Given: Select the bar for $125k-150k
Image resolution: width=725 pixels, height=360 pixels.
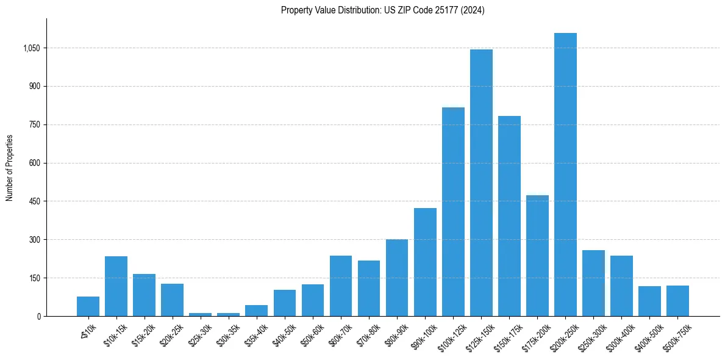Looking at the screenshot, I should pos(481,183).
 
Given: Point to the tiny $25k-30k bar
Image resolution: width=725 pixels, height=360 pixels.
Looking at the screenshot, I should pos(200,314).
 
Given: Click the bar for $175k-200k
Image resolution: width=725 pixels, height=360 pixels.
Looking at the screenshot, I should pos(537,256).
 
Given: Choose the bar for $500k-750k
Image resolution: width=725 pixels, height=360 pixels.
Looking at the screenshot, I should pos(677,301).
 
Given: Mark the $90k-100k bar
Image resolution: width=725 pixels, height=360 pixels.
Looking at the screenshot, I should pos(425,262).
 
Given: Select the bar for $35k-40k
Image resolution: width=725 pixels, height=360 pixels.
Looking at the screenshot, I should pos(256,311).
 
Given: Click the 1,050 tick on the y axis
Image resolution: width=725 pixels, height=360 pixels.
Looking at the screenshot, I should pos(31,48).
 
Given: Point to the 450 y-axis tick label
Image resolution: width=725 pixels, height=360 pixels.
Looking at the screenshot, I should pos(34,201).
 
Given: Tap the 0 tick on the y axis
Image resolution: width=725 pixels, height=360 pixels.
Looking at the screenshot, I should pos(38,316).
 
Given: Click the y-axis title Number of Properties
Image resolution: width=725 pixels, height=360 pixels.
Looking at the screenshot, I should pos(10,168).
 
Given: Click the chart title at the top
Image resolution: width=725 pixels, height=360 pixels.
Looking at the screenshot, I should pos(382,10).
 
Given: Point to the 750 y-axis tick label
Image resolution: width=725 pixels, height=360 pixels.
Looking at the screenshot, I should pos(34,124).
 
